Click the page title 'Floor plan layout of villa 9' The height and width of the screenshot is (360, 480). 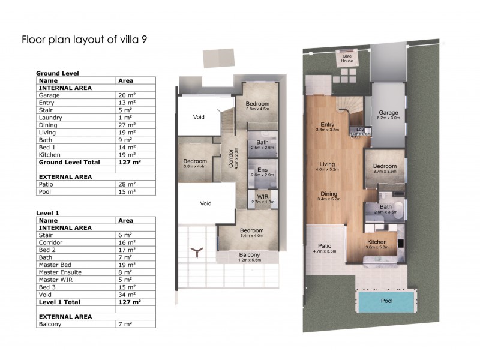pos(85,40)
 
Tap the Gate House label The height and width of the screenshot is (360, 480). pos(347,58)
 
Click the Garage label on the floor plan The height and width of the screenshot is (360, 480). pos(389,112)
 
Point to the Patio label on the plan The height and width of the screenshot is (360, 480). pos(325,245)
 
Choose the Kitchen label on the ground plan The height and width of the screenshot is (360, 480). pos(378,242)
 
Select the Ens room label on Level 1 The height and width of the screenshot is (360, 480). pos(262,170)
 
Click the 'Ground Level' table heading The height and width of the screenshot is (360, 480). pos(58,73)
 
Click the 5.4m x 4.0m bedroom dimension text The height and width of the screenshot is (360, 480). pos(252,236)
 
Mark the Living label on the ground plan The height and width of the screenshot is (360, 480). pos(327,164)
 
